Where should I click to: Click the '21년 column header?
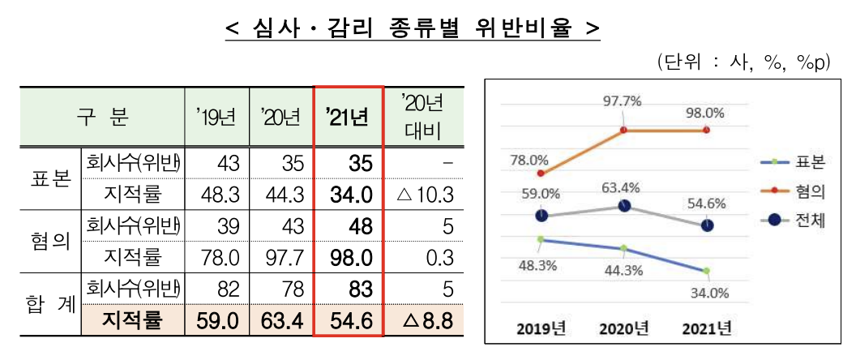349,117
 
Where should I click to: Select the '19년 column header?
216,117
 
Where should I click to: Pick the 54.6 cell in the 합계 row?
349,322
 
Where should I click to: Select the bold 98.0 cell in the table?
349,258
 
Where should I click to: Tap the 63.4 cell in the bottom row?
282,322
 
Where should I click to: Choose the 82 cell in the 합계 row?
216,289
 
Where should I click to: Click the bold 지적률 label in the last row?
132,322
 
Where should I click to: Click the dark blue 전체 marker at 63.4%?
623,206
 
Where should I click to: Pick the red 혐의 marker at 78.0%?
541,173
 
